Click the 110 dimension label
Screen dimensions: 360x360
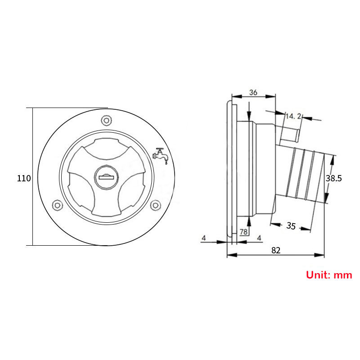coord(24,179)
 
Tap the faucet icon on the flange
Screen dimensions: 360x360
coord(161,155)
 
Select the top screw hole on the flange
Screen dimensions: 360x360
coord(106,120)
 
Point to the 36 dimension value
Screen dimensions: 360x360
coord(253,92)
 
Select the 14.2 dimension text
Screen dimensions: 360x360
coord(293,116)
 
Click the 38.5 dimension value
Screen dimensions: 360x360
coord(334,179)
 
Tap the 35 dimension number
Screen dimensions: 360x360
coord(291,226)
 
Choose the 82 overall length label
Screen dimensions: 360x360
coord(276,250)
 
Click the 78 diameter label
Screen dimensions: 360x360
coord(243,232)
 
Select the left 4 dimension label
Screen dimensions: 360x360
coord(203,237)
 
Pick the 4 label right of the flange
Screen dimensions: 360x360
coord(259,237)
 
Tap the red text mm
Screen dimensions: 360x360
coord(343,275)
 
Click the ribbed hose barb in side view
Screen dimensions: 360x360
coord(304,175)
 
